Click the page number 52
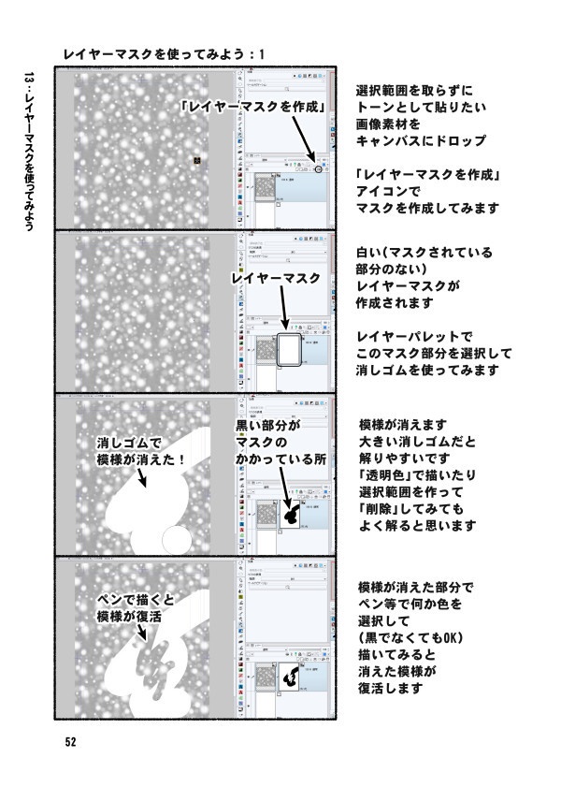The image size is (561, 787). tap(70, 742)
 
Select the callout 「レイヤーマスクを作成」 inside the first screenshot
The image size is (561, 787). tap(260, 107)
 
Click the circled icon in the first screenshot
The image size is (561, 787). tap(320, 169)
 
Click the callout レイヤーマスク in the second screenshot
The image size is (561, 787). tap(276, 279)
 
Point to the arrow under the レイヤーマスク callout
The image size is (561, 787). tap(283, 313)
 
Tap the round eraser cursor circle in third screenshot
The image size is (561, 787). tap(176, 539)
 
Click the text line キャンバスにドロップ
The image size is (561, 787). tap(421, 141)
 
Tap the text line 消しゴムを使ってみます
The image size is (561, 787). tap(426, 371)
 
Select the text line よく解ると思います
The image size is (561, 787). tap(416, 526)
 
